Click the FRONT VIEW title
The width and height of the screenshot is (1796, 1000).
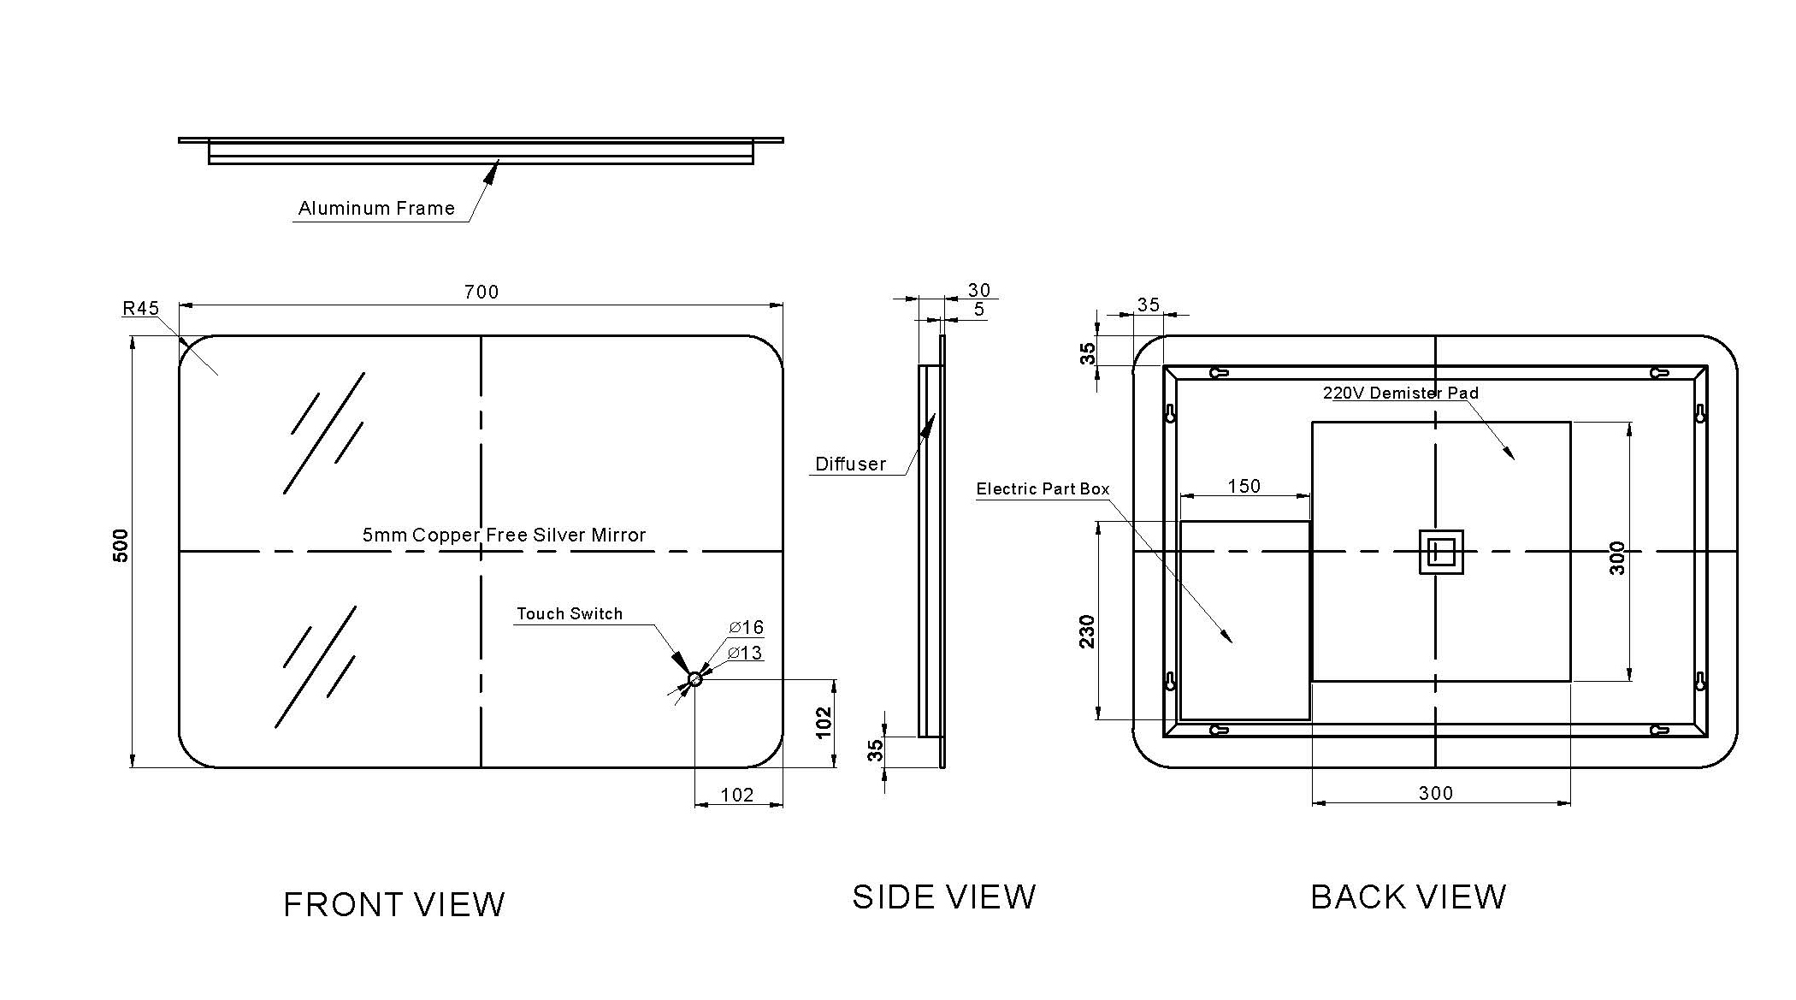pos(394,905)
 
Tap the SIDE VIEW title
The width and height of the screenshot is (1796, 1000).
pos(944,896)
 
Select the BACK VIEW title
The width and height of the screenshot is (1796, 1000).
pos(1408,896)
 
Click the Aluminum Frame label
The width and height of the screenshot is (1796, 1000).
pos(376,208)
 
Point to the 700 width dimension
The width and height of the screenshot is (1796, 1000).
pos(481,292)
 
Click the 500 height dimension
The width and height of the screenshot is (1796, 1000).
pos(121,546)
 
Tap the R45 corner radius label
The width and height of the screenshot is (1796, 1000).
pos(141,308)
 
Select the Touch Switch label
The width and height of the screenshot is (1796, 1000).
pos(570,613)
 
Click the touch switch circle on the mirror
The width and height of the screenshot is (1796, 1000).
pos(694,679)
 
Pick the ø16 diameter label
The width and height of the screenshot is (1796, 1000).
pos(747,628)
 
